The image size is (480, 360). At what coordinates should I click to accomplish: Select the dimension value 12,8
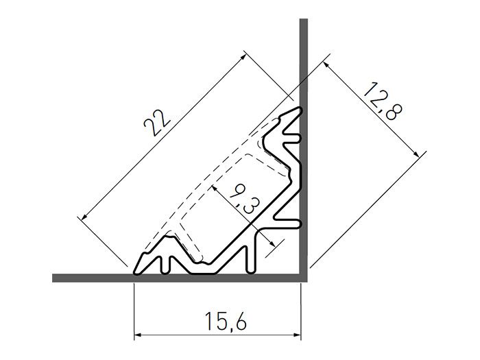point(382,101)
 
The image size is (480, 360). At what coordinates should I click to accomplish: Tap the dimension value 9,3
point(245,198)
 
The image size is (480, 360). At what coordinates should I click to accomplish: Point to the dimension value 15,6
point(226,321)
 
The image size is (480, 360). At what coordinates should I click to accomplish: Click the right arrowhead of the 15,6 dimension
point(298,335)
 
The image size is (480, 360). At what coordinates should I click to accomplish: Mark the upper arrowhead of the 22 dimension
point(243,56)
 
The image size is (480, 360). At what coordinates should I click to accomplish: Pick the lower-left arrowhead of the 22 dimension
point(84,217)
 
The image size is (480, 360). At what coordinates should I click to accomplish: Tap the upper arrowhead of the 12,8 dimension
point(326,65)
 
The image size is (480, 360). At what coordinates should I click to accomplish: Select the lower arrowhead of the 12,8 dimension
point(416,154)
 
